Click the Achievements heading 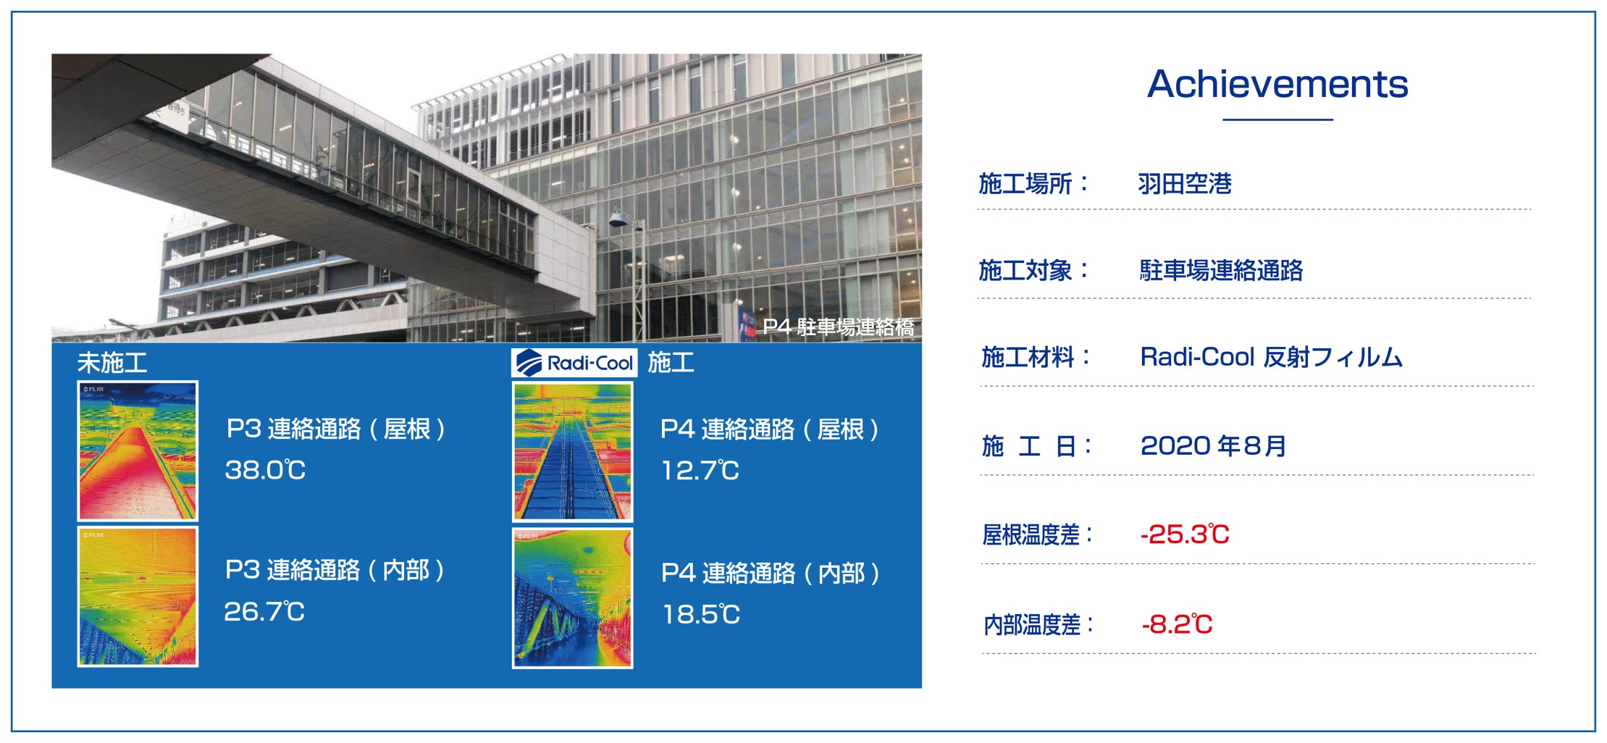tap(1277, 84)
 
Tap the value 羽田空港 tap(1184, 184)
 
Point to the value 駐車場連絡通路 tap(1221, 270)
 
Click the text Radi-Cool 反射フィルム tap(1271, 357)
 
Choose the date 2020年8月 tap(1213, 445)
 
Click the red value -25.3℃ tap(1185, 534)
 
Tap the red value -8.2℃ tap(1177, 624)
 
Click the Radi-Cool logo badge tap(574, 362)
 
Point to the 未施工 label tap(112, 362)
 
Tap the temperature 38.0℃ tap(265, 470)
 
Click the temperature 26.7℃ tap(264, 612)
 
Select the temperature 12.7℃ tap(700, 471)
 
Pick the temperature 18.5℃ tap(701, 615)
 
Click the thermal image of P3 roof tap(138, 451)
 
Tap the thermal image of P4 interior tap(573, 598)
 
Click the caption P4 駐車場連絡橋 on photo tap(838, 327)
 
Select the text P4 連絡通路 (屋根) tap(770, 429)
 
